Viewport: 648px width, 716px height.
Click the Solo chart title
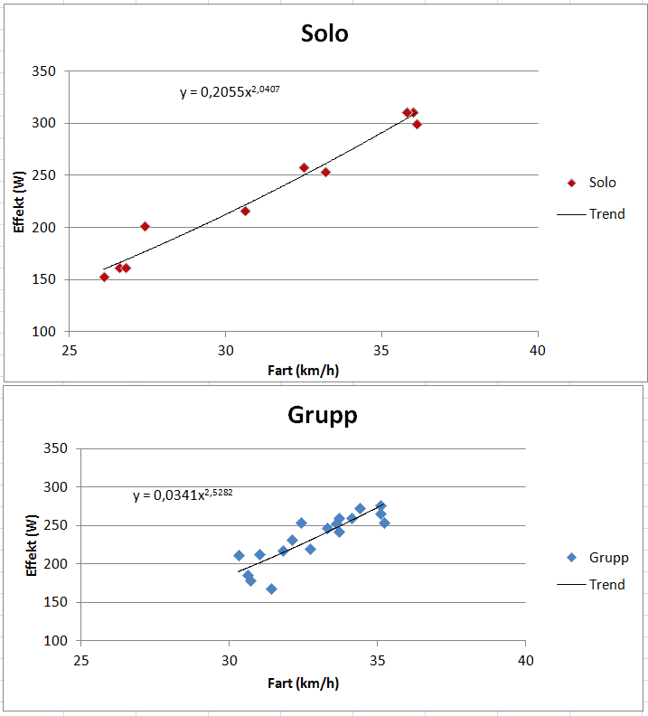pyautogui.click(x=324, y=34)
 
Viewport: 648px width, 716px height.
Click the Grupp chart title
pyautogui.click(x=323, y=415)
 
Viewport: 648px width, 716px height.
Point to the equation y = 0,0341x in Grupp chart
pyautogui.click(x=176, y=495)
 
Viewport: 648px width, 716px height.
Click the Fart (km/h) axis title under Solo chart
pyautogui.click(x=304, y=370)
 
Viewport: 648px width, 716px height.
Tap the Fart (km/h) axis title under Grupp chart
pyautogui.click(x=304, y=683)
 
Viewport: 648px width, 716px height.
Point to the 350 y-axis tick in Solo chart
pyautogui.click(x=43, y=71)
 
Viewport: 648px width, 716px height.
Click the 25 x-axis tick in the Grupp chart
pyautogui.click(x=81, y=659)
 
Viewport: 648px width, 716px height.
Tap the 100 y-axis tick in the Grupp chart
pyautogui.click(x=54, y=640)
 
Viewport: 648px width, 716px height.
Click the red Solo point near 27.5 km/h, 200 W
pyautogui.click(x=145, y=226)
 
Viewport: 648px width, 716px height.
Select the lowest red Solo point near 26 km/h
pyautogui.click(x=104, y=278)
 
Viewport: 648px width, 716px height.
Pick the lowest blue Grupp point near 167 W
pyautogui.click(x=271, y=589)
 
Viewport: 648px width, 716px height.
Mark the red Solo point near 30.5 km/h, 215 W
pyautogui.click(x=245, y=211)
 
